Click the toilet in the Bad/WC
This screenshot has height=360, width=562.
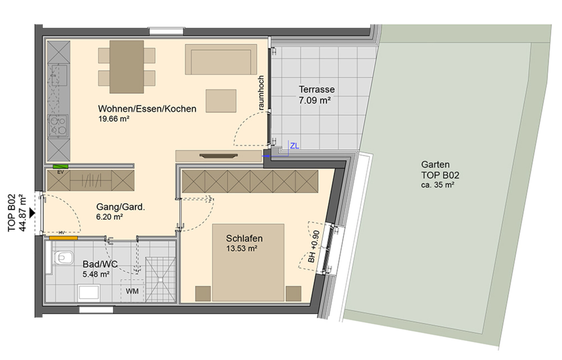(64, 257)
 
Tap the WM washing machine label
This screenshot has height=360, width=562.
(132, 291)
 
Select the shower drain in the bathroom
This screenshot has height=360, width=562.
(160, 279)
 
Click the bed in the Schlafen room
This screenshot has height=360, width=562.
(248, 262)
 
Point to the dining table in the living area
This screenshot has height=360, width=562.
(127, 67)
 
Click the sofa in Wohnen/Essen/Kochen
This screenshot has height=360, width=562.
(221, 59)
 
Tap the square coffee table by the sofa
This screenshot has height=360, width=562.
(221, 101)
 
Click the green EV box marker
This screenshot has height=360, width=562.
(60, 166)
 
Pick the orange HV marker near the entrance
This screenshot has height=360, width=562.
(63, 238)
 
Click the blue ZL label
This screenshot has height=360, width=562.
(295, 146)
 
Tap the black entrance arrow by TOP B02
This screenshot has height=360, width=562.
(32, 213)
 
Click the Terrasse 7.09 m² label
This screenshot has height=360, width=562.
(317, 95)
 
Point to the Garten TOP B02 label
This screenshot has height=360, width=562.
(440, 170)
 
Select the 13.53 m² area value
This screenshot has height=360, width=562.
(241, 248)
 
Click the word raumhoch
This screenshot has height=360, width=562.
(261, 93)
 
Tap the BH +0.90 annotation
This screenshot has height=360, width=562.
(314, 246)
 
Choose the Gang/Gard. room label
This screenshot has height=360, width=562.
(120, 207)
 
